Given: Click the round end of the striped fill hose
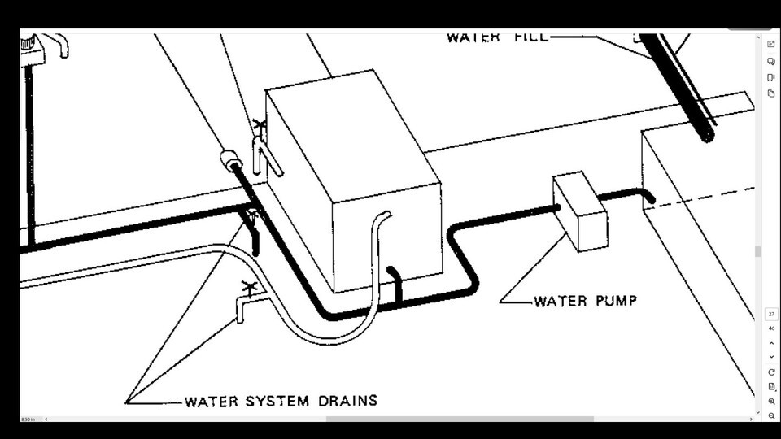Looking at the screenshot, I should [708, 134].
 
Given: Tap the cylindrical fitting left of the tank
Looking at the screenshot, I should [229, 159].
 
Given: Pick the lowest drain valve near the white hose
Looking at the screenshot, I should [247, 290].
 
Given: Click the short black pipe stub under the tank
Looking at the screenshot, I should [395, 280].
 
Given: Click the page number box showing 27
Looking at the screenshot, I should [770, 314].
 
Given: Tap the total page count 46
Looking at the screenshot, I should [770, 328].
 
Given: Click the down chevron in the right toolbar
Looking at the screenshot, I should [770, 357].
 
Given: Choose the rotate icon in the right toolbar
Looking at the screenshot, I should [770, 372].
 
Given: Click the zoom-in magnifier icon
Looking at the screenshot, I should [770, 402].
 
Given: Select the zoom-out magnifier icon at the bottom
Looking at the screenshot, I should [770, 415].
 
